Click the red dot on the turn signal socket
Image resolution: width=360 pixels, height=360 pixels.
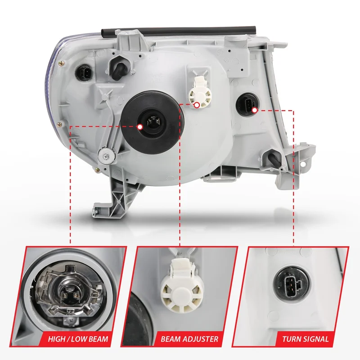pyautogui.click(x=254, y=110)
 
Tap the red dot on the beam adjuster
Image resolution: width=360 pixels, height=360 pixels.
pyautogui.click(x=197, y=105)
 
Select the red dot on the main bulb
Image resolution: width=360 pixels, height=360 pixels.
pyautogui.click(x=140, y=127)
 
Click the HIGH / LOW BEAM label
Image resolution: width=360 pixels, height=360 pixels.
pyautogui.click(x=78, y=339)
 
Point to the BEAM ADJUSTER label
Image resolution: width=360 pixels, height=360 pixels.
pyautogui.click(x=189, y=339)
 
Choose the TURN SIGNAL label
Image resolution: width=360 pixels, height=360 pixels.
pyautogui.click(x=306, y=339)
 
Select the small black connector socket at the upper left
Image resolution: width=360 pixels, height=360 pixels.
pyautogui.click(x=83, y=72)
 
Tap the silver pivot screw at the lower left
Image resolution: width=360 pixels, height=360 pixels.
pyautogui.click(x=106, y=156)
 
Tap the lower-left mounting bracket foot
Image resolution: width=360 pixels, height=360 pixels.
pyautogui.click(x=104, y=209)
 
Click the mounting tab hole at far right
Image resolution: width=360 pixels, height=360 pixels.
pyautogui.click(x=304, y=164)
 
